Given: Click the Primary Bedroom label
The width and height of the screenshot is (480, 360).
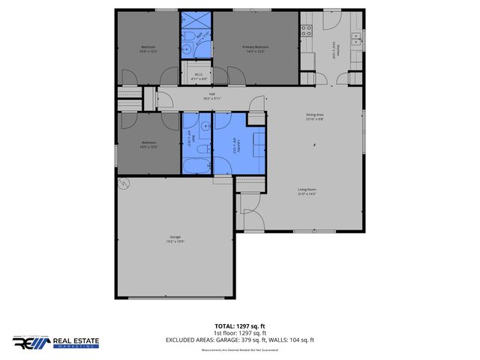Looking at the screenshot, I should click(255, 47).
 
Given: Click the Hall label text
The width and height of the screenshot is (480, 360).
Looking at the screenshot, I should click(212, 94).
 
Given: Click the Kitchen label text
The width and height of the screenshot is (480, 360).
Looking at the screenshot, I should click(338, 49).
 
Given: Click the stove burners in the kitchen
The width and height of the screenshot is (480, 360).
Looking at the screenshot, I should click(306, 31).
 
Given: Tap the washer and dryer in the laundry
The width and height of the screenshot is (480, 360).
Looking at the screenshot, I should click(257, 142).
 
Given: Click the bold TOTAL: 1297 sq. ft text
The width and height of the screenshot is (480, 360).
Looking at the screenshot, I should click(239, 325).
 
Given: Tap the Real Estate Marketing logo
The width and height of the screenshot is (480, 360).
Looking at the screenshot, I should click(55, 343).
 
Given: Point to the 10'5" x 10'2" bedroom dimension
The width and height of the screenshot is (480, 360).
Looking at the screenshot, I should click(147, 147).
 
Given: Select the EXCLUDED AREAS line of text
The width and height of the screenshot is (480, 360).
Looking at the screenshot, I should click(239, 340).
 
